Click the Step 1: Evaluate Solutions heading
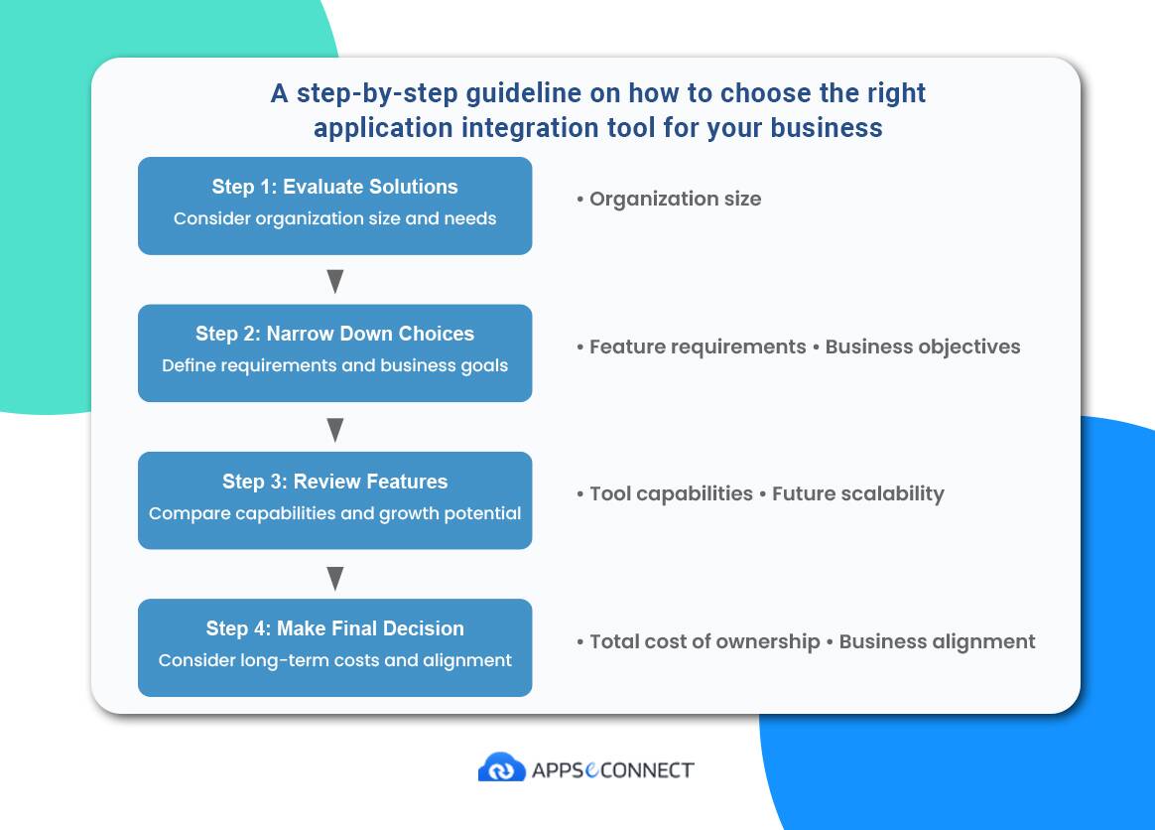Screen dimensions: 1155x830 click(x=334, y=188)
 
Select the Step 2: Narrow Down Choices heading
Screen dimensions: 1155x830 click(x=334, y=334)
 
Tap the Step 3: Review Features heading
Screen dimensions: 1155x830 click(x=334, y=483)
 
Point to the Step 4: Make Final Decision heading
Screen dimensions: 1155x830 click(x=334, y=628)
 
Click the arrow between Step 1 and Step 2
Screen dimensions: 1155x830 click(x=335, y=281)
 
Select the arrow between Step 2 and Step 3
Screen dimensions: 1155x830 click(x=335, y=429)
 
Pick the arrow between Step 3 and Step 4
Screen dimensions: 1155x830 click(x=335, y=578)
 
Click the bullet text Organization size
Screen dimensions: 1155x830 click(x=676, y=199)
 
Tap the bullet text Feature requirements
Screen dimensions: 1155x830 click(x=698, y=347)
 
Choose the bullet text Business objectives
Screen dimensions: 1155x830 click(x=922, y=347)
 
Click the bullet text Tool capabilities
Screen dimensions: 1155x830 click(x=671, y=493)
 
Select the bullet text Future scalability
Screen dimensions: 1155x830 click(x=858, y=493)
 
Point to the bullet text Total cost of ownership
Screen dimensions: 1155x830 click(x=705, y=642)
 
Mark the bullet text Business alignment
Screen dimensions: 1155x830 click(x=937, y=642)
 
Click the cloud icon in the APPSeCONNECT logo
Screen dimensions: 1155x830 click(x=502, y=767)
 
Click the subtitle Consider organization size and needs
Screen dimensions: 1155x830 click(x=334, y=219)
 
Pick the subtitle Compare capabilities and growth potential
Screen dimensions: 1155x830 click(x=334, y=513)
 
